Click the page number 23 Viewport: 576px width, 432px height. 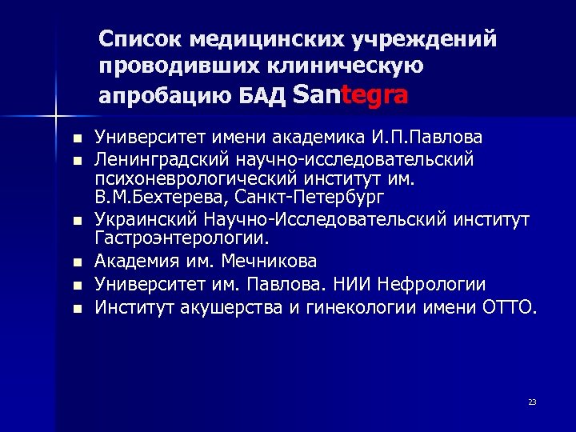[532, 402]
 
